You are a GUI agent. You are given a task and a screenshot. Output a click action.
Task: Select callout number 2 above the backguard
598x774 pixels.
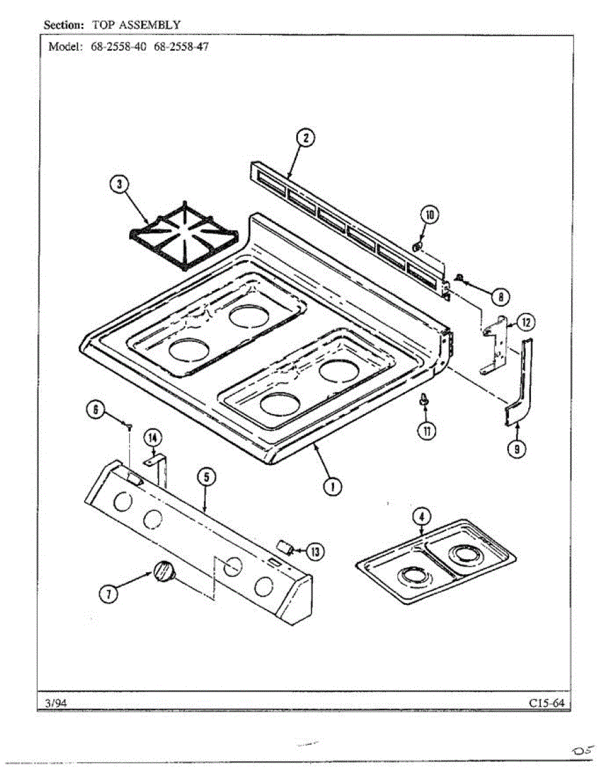(306, 138)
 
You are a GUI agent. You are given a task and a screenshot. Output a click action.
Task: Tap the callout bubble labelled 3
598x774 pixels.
(119, 185)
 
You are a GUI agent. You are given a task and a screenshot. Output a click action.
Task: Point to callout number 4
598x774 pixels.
(421, 516)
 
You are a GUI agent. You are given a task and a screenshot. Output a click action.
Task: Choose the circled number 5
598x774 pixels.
(205, 477)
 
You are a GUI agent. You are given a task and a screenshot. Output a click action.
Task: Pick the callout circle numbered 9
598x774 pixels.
(515, 450)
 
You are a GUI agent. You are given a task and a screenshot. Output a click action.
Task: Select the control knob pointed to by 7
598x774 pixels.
(164, 571)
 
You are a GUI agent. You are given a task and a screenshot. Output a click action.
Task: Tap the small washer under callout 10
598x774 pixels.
(417, 246)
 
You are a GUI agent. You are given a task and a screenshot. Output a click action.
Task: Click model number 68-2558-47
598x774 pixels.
(181, 47)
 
